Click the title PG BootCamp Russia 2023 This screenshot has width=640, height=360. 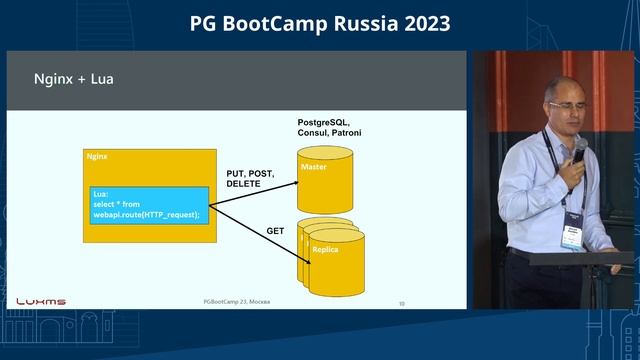(x=320, y=23)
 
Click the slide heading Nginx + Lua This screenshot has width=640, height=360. (x=74, y=78)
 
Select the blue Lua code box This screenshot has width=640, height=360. (x=149, y=204)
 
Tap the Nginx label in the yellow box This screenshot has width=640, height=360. (x=98, y=157)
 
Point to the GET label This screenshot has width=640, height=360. (x=275, y=231)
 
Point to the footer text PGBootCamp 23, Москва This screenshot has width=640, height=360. (x=236, y=301)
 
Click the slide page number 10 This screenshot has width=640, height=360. (x=401, y=302)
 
